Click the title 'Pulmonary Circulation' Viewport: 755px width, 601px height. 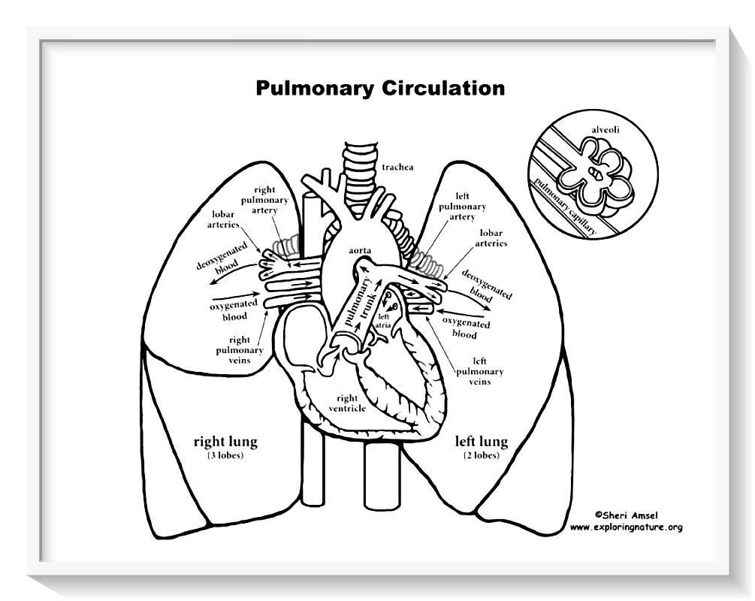pos(379,88)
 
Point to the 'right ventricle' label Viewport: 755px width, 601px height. pos(346,403)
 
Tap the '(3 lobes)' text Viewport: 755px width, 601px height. pos(225,455)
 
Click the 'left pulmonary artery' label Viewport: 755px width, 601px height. pos(461,206)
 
